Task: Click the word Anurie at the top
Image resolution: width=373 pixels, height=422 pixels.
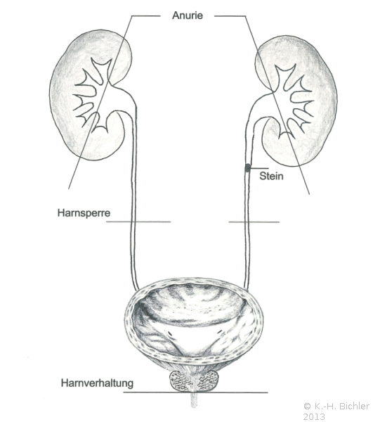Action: click(188, 15)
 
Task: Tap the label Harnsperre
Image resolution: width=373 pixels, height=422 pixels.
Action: click(84, 213)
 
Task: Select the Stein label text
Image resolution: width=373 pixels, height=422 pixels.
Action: click(271, 176)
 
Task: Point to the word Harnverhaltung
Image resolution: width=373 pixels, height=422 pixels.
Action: click(97, 383)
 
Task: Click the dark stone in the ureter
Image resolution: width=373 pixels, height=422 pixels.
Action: click(247, 168)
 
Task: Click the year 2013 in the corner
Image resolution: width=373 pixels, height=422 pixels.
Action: click(314, 416)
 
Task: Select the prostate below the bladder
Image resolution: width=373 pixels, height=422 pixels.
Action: click(194, 381)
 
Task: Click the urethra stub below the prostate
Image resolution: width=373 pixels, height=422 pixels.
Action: click(194, 400)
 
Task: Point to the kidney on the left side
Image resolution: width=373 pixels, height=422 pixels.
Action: click(91, 95)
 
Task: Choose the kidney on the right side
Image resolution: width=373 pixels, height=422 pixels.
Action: click(296, 101)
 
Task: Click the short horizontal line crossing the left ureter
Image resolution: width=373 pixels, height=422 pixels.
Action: click(138, 222)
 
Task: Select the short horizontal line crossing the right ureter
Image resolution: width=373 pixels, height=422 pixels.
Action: click(254, 222)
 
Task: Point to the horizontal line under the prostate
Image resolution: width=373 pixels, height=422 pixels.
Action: click(196, 392)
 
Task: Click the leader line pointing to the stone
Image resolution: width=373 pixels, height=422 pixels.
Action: click(259, 169)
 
